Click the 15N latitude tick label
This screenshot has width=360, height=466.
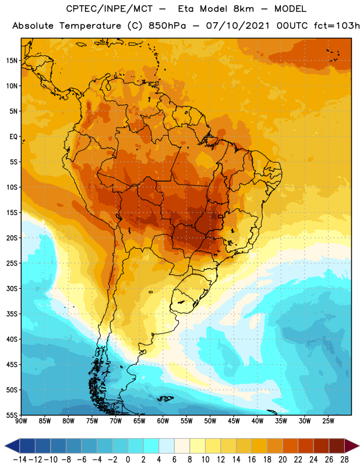12,61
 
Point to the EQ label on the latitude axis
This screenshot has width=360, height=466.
13,137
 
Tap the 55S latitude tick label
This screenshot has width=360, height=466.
12,415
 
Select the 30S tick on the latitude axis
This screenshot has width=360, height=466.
12,288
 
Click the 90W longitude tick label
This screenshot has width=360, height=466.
22,421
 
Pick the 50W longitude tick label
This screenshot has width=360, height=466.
210,421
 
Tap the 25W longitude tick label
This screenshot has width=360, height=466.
328,421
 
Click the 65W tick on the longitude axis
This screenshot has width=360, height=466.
139,421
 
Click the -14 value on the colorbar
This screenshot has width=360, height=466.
20,460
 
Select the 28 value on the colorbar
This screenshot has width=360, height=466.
344,460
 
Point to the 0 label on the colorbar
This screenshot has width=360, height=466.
128,460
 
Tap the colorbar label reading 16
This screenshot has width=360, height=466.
252,460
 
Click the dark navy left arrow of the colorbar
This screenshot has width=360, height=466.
12,446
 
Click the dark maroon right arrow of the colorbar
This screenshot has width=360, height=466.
352,446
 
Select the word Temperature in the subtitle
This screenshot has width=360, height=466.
90,26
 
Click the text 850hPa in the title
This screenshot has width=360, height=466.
167,26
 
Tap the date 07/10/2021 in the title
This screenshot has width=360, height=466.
238,26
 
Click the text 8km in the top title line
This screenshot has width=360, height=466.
243,9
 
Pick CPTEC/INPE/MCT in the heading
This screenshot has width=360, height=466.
110,9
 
